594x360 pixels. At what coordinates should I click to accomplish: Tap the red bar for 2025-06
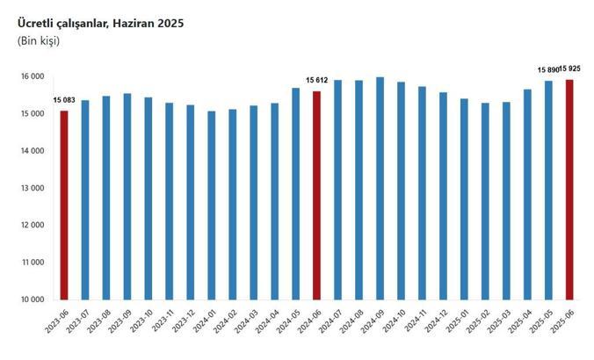click(569, 189)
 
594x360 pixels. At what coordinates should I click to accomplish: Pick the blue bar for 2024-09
click(380, 188)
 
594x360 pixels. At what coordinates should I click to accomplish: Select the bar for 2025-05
click(548, 190)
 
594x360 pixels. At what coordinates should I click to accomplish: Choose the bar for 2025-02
click(485, 201)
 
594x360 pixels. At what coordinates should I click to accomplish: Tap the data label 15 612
click(317, 81)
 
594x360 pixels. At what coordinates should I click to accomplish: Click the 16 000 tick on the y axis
click(33, 77)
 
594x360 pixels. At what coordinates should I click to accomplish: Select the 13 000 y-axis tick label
click(33, 188)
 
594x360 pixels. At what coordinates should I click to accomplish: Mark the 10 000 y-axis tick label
click(33, 299)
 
